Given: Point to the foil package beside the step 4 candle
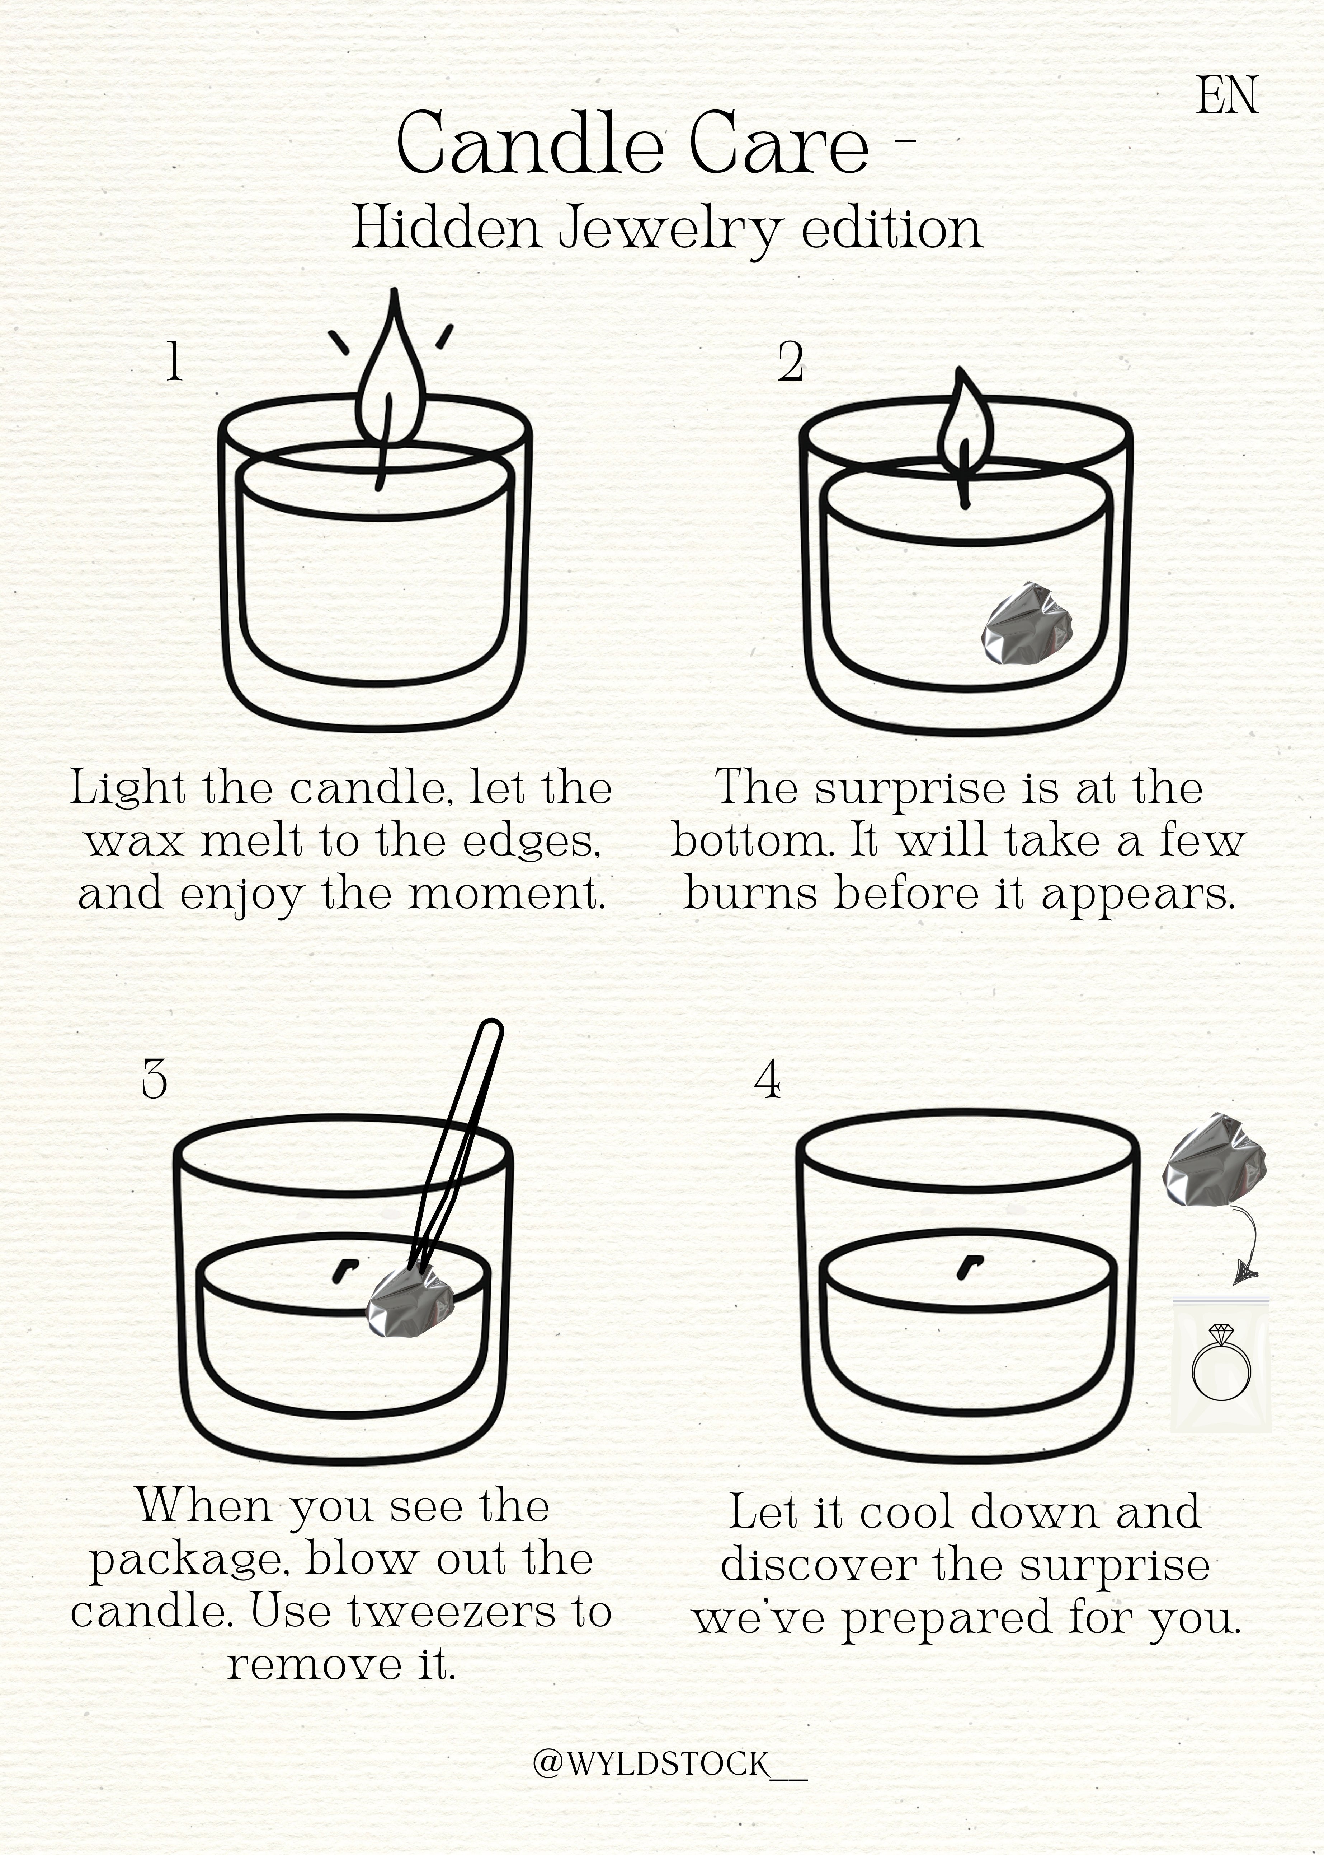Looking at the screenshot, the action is click(1214, 1159).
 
